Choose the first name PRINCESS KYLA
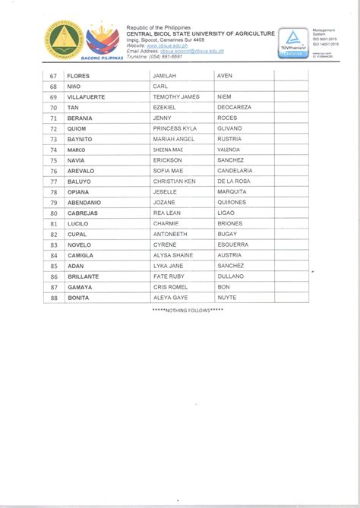175,129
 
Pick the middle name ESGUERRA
232,245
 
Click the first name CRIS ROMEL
169,288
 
